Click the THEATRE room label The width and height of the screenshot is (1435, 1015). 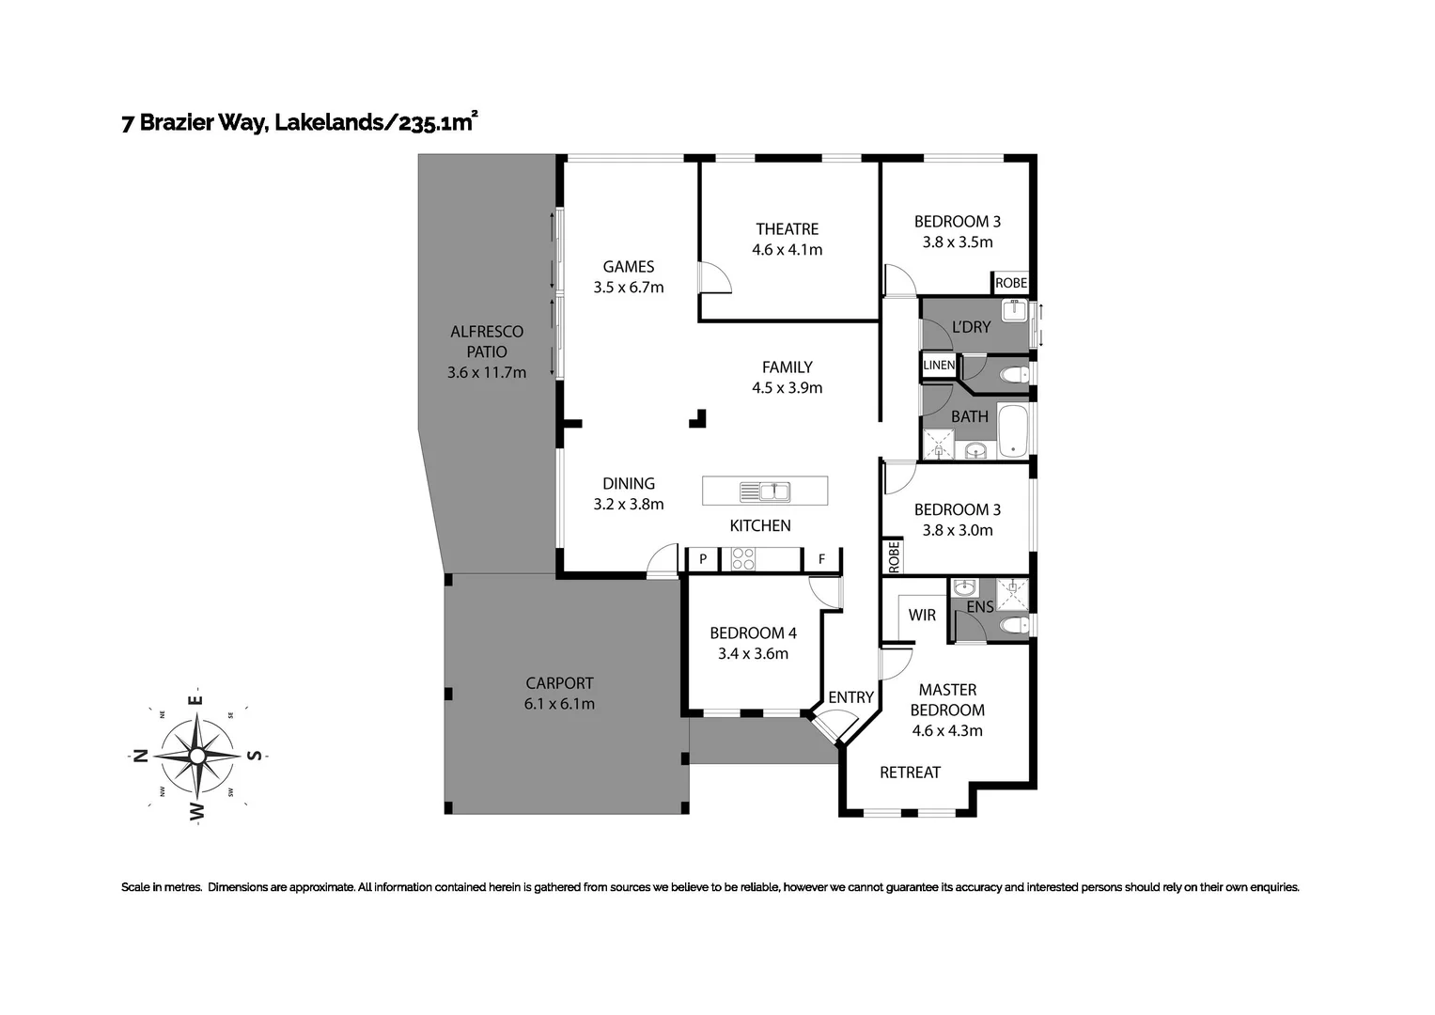pos(787,228)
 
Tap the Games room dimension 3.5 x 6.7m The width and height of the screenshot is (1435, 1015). pos(628,288)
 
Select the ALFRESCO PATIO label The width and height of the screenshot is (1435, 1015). pos(486,341)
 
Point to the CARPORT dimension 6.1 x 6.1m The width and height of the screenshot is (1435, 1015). pos(559,704)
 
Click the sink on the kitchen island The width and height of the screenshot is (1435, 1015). pos(765,491)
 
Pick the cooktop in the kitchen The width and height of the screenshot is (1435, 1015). pos(743,559)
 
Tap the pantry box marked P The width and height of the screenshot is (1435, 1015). pos(702,559)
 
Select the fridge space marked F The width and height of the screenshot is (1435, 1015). pos(821,559)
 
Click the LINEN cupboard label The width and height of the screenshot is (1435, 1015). pos(939,366)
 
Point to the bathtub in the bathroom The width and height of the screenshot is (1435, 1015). pos(1013,430)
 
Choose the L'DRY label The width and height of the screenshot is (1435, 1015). pos(971,327)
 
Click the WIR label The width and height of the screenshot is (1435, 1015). pos(922,615)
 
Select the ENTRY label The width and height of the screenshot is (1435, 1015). pos(850,697)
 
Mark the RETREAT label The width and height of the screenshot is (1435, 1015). pos(910,773)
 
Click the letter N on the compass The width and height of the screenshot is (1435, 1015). pos(140,756)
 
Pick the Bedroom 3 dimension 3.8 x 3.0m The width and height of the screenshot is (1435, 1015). pos(957,530)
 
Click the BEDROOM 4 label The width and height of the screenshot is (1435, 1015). pos(753,632)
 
